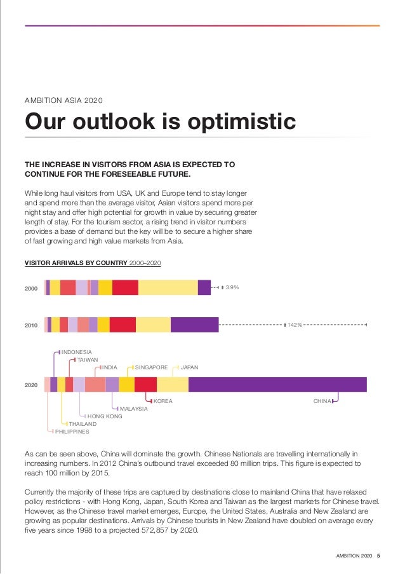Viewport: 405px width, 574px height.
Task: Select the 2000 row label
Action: click(31, 289)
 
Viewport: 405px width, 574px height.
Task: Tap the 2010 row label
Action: click(31, 325)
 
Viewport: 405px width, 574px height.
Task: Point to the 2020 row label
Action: click(31, 385)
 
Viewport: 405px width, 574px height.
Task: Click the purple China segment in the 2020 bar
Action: click(277, 385)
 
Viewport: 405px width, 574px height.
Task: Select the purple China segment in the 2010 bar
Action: click(194, 325)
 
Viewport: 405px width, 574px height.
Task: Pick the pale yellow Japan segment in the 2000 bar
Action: click(168, 288)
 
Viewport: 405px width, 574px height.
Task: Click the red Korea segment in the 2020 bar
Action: click(145, 385)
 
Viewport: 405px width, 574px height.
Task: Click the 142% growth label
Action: click(295, 325)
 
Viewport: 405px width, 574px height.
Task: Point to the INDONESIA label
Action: click(77, 352)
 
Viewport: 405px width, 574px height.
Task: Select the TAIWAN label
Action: click(88, 360)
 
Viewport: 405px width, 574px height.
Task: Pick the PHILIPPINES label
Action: click(72, 432)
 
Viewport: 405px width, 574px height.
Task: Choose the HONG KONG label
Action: click(105, 416)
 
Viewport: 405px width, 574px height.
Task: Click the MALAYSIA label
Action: click(133, 409)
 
